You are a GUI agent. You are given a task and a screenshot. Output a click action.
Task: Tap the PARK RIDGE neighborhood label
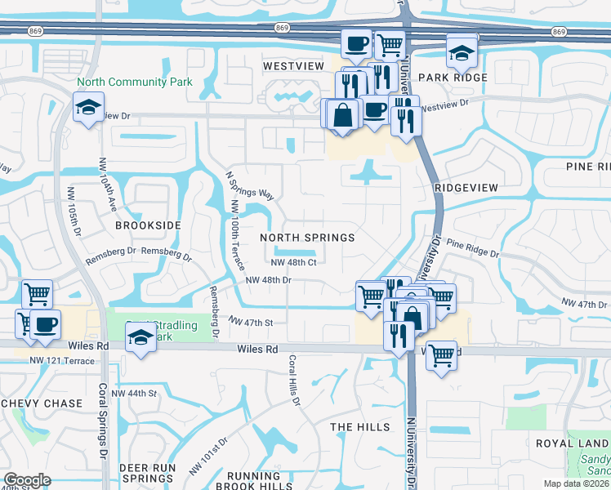click(453, 78)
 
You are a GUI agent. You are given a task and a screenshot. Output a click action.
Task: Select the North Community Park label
click(135, 82)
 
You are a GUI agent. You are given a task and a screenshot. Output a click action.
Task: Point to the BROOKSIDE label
click(148, 225)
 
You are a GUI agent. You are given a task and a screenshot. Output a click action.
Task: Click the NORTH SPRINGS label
click(307, 238)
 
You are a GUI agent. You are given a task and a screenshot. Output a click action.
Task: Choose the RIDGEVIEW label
click(466, 188)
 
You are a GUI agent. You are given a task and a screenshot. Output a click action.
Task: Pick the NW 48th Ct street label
click(293, 262)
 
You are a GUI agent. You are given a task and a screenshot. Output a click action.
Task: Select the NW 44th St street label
click(133, 394)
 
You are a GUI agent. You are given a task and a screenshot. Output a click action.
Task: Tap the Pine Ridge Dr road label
click(473, 247)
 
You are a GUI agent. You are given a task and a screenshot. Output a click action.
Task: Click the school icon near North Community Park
click(87, 107)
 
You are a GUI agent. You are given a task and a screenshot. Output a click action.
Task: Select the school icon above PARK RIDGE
click(462, 53)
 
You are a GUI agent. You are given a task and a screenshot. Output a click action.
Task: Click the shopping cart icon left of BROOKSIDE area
click(37, 293)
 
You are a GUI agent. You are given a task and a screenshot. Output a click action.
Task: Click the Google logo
click(27, 480)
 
